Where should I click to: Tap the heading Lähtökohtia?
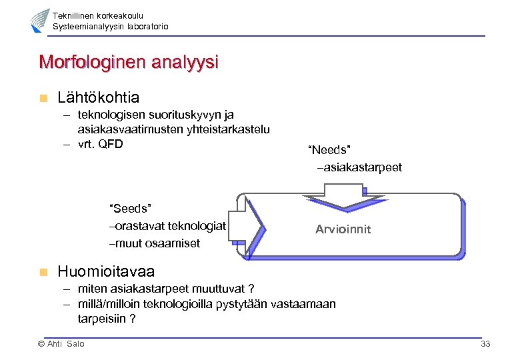pos(98,98)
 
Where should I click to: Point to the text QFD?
pos(109,143)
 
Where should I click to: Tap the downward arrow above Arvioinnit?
pos(334,197)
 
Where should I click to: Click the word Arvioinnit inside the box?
pos(343,229)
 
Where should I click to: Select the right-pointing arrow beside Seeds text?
pos(250,222)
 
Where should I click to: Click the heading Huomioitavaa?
pos(106,271)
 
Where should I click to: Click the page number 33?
pos(485,343)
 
